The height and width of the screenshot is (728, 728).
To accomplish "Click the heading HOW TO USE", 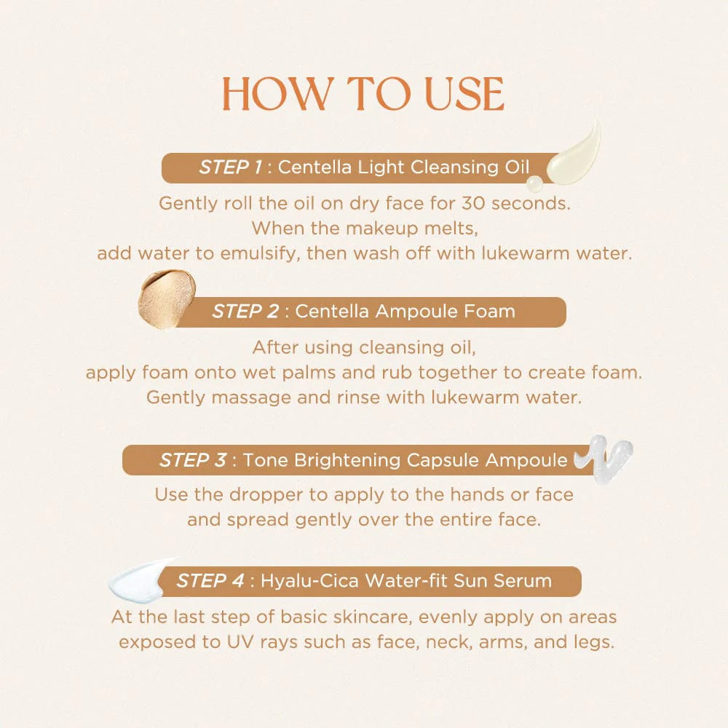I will pyautogui.click(x=363, y=94).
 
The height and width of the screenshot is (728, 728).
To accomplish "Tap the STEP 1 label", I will pyautogui.click(x=231, y=167).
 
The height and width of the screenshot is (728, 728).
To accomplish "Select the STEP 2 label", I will pyautogui.click(x=245, y=312).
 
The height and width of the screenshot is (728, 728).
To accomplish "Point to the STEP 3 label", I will pyautogui.click(x=193, y=460).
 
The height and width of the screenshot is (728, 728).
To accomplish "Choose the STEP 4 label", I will pyautogui.click(x=210, y=581).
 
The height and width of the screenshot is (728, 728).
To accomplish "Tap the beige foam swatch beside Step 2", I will pyautogui.click(x=167, y=298).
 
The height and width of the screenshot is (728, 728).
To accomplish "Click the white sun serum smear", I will pyautogui.click(x=142, y=578).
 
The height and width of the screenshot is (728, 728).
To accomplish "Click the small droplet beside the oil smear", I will pyautogui.click(x=535, y=183).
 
